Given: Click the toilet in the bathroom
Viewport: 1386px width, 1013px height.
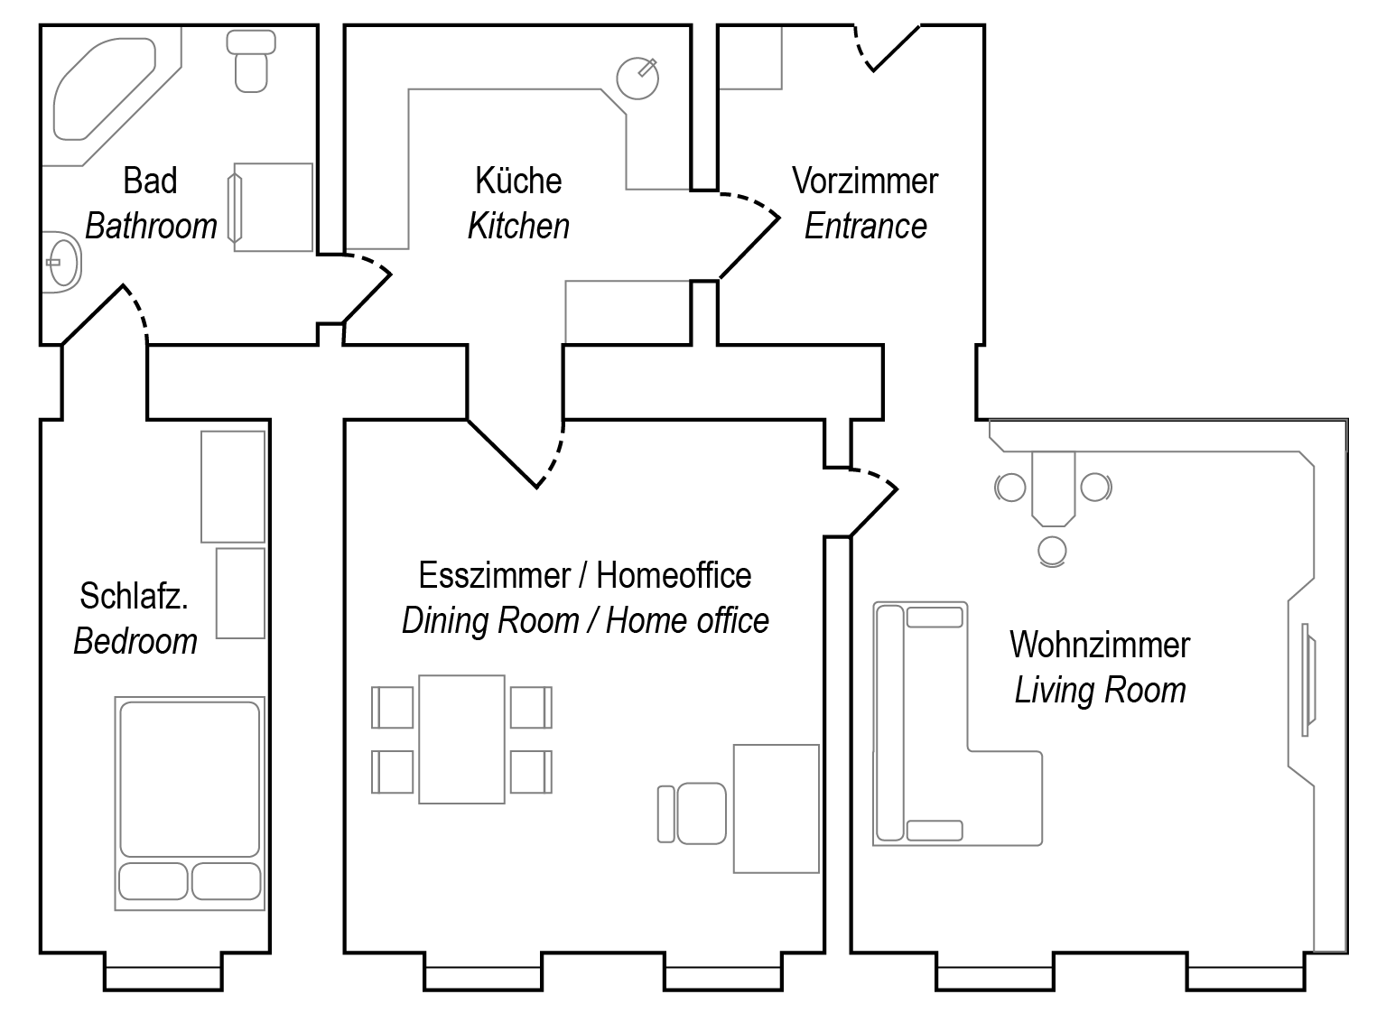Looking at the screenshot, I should [250, 63].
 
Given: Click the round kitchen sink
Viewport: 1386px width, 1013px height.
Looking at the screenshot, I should [637, 78].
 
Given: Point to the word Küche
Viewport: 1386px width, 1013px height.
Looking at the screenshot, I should [518, 181].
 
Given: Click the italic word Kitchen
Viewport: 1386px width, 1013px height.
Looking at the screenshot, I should [518, 226].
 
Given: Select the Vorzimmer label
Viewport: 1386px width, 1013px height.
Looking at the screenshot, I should [865, 181].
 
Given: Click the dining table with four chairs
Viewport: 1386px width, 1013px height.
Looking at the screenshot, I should [461, 739].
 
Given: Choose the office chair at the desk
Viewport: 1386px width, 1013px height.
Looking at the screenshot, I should [699, 813].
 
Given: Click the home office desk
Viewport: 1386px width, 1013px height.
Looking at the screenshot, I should [776, 808].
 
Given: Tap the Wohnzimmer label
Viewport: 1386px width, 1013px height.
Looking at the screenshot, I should [1099, 646].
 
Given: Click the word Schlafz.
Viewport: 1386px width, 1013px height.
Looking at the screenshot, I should [134, 597].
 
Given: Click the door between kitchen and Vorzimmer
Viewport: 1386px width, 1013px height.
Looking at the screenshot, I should [749, 235].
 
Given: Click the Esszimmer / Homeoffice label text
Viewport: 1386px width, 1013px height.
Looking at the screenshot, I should [584, 576].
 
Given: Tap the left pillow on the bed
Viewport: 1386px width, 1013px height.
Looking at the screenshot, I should [153, 881].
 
